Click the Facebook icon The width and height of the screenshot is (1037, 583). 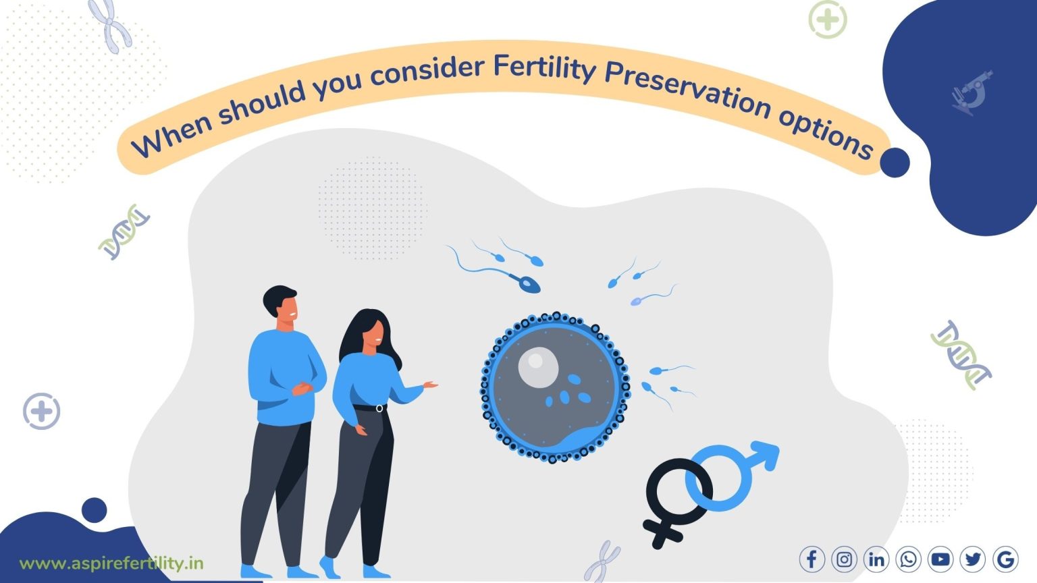812,559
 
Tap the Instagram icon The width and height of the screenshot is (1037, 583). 844,559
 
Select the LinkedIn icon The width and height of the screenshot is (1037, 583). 876,559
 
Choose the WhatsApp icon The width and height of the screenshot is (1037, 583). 909,559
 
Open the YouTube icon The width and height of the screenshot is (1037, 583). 940,559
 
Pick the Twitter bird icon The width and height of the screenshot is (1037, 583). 973,559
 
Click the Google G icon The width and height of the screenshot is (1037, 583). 1005,559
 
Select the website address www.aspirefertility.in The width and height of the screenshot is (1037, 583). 111,563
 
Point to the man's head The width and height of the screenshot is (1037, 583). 281,307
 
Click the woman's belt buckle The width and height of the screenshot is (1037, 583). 379,408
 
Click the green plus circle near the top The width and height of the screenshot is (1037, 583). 827,20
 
